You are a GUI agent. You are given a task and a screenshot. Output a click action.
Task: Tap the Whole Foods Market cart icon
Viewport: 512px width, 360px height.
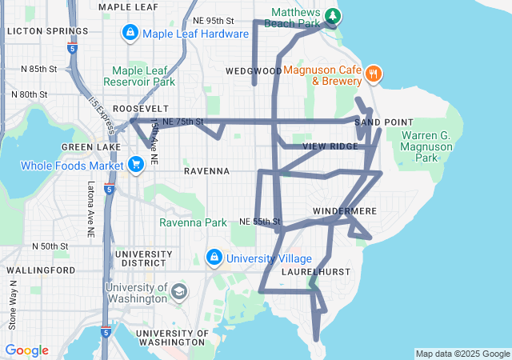tap(135, 165)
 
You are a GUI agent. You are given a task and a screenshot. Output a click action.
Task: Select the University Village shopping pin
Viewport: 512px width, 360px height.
tap(214, 258)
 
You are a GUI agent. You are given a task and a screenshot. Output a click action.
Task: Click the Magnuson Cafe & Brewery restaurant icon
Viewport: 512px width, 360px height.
tap(373, 74)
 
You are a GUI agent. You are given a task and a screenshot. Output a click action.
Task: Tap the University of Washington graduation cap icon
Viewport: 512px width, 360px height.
tap(180, 291)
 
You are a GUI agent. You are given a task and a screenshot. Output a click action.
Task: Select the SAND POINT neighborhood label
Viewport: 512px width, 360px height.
tap(379, 122)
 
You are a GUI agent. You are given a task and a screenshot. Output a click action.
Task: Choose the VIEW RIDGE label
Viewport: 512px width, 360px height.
tap(331, 146)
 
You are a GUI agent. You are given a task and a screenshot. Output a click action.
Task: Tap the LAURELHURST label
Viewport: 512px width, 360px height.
tap(316, 272)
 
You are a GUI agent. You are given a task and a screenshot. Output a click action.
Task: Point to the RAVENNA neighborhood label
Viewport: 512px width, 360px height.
tap(206, 171)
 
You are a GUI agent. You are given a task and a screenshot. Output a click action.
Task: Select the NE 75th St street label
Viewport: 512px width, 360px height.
tap(183, 122)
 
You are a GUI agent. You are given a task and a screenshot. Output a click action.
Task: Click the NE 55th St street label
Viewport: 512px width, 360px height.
tap(260, 221)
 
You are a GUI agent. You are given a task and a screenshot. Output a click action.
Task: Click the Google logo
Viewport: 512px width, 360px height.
tap(27, 350)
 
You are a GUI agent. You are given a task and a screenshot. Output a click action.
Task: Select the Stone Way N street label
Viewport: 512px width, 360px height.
tap(12, 305)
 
